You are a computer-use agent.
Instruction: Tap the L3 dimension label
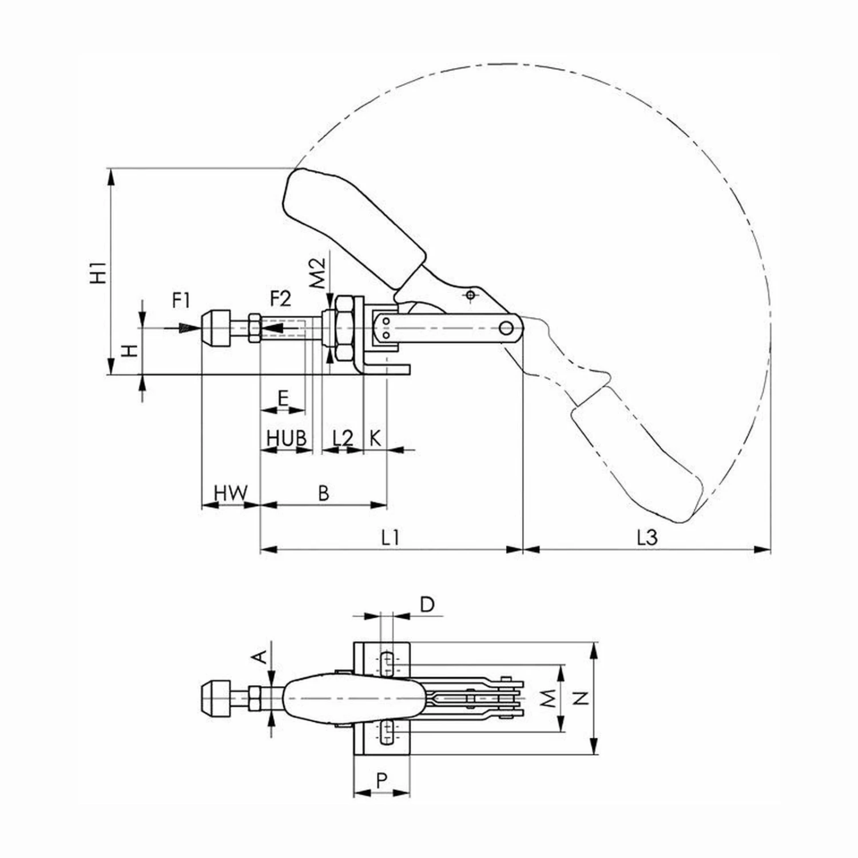(648, 537)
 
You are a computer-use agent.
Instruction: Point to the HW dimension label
(231, 492)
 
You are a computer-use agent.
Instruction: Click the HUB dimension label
(287, 438)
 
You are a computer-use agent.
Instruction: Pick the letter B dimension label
(324, 492)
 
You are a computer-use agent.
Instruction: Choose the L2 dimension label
(343, 438)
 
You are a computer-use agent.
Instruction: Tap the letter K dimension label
(375, 438)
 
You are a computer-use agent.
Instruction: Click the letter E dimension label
(283, 398)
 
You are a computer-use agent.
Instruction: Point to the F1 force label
(181, 299)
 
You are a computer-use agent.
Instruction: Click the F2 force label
(280, 299)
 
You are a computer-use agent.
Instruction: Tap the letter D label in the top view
(427, 603)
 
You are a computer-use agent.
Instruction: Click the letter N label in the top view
(581, 698)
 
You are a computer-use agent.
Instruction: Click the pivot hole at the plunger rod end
(506, 328)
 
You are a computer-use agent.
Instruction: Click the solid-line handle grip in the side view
(355, 217)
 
